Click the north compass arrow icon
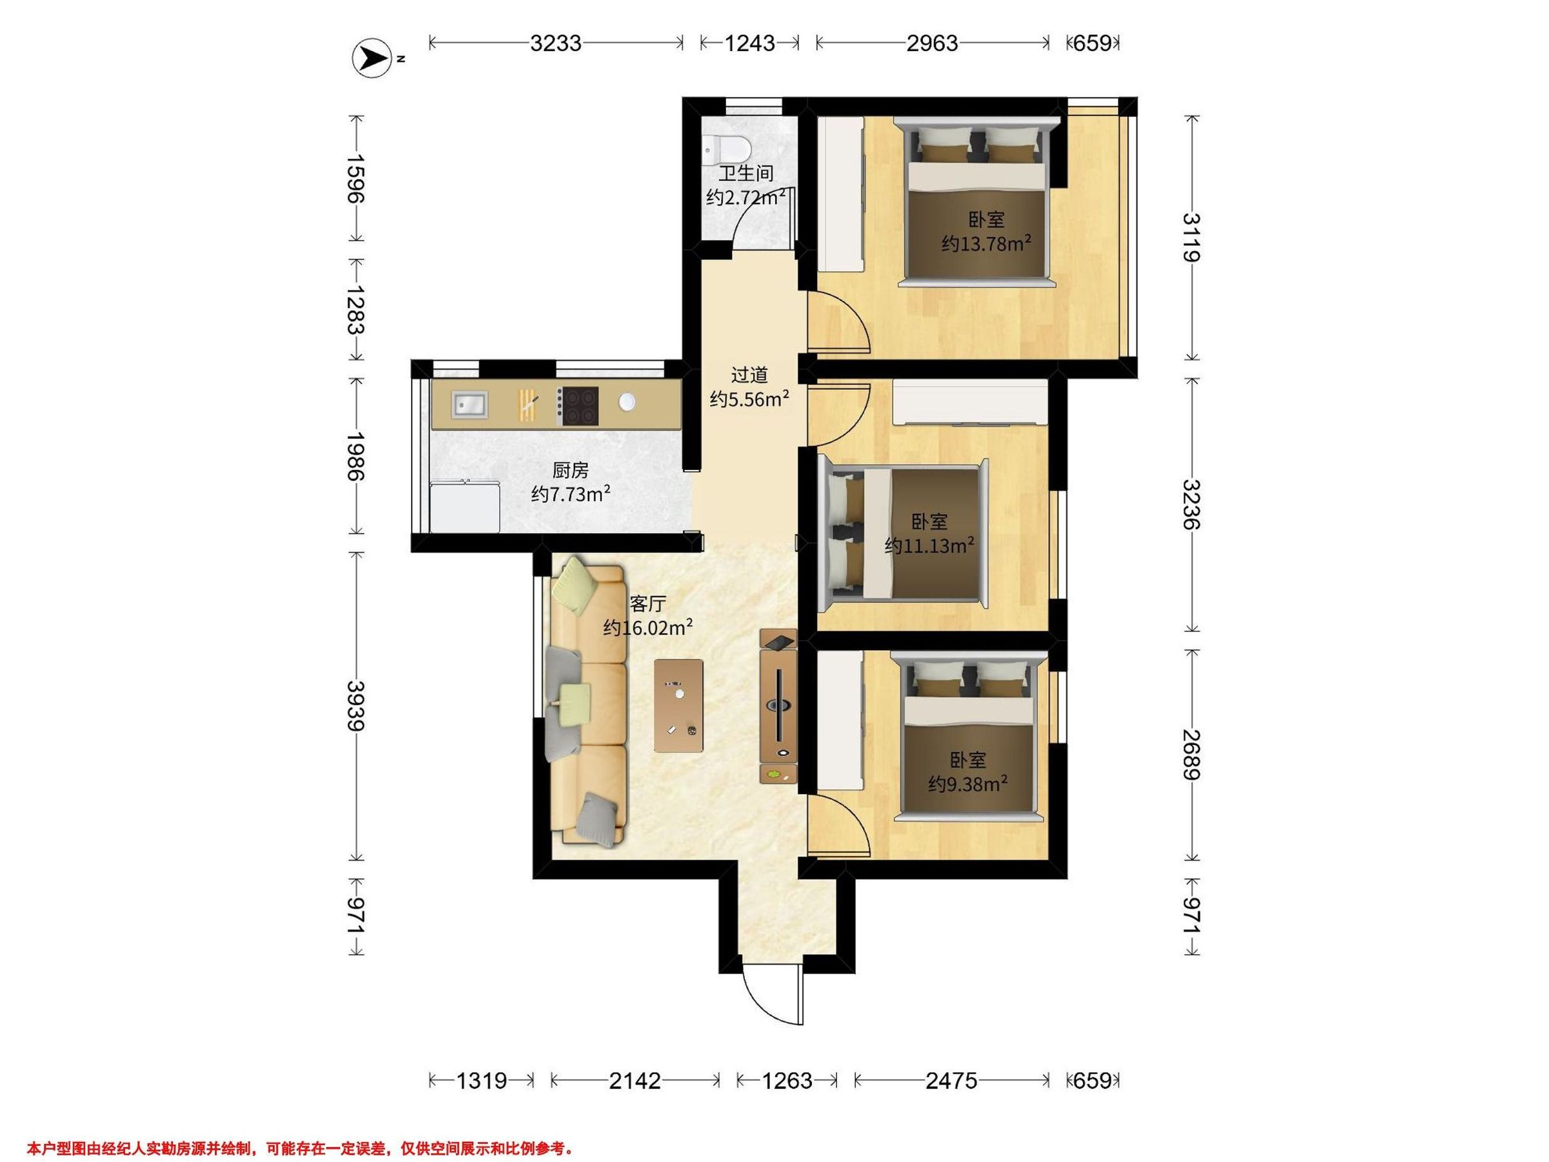pos(372,57)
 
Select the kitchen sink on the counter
pos(470,405)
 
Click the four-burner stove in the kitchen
pos(579,406)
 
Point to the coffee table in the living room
pos(678,706)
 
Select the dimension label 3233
pos(555,43)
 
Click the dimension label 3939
pos(356,706)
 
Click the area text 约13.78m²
pos(986,243)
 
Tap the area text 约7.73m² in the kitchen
pos(571,494)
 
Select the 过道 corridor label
pos(749,376)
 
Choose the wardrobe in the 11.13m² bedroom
pos(971,403)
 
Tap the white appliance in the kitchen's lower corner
pos(465,505)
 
